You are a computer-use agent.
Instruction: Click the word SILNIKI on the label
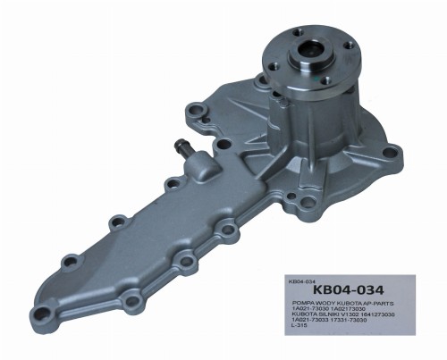[333, 314]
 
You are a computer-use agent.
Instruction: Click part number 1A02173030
[354, 309]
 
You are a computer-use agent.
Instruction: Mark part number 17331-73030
[356, 320]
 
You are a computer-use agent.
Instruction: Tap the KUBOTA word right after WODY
[348, 304]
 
